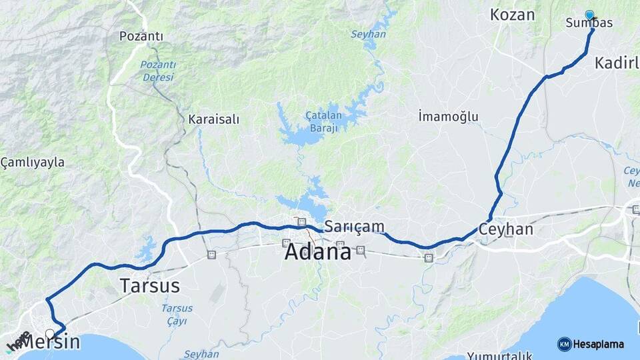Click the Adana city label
tap(317, 252)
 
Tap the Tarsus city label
tap(149, 286)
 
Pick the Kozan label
tap(512, 15)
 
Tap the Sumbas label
tap(589, 23)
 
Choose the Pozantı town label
tap(141, 36)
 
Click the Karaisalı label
tap(213, 119)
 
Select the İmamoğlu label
tap(448, 117)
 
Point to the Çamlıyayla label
tap(33, 162)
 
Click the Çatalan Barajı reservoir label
tap(323, 121)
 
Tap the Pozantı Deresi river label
tap(158, 71)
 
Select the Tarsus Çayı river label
tap(177, 313)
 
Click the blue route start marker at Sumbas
tap(589, 14)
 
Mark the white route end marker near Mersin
tap(50, 333)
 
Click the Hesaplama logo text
tap(598, 344)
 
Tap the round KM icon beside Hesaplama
tap(564, 344)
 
